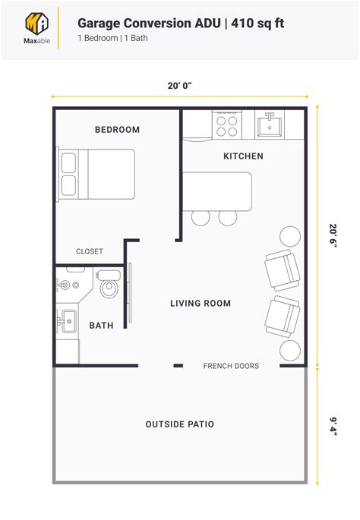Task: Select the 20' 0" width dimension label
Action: click(x=179, y=84)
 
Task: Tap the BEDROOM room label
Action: click(x=117, y=130)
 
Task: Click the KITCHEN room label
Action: click(x=243, y=156)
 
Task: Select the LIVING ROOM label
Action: click(x=201, y=304)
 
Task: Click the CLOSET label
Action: click(x=90, y=251)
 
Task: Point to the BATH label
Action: click(x=102, y=326)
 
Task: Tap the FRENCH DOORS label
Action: click(x=231, y=366)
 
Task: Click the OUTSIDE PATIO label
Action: click(x=180, y=424)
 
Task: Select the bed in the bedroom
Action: click(x=96, y=174)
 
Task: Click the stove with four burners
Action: click(x=227, y=124)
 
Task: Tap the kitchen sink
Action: click(x=270, y=124)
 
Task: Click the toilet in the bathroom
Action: click(x=109, y=285)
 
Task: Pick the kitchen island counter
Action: click(x=216, y=191)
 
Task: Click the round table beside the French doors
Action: click(x=290, y=351)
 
